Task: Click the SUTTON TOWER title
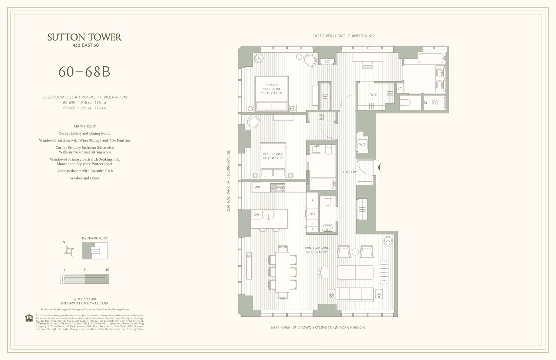84,37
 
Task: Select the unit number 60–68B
85,72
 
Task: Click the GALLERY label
350,172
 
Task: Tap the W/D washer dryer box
362,144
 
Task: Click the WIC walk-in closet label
373,95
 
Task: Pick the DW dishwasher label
256,215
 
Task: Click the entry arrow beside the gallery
379,168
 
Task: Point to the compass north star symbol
69,251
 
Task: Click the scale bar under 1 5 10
85,278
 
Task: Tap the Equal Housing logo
29,318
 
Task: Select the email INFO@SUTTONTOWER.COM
85,303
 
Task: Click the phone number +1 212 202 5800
85,299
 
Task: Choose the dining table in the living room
282,272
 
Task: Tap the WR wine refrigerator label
257,187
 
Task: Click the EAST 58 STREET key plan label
95,238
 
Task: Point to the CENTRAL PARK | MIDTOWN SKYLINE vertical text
228,181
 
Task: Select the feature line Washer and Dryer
85,178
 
